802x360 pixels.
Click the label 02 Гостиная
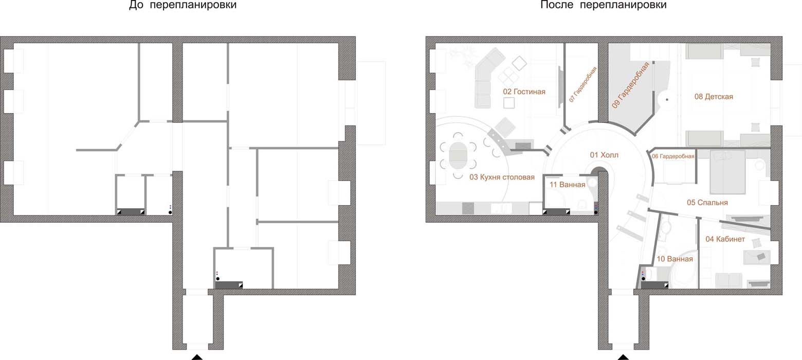point(524,92)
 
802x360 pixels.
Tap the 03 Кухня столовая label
point(502,177)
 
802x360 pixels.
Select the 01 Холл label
point(604,155)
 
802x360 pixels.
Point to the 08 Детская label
point(714,97)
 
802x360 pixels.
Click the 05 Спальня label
point(707,203)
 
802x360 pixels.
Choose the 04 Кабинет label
point(725,239)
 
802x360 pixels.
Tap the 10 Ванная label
point(675,259)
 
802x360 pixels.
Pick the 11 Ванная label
point(567,185)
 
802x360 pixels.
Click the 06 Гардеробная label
point(673,156)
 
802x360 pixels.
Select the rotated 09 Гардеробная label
point(630,85)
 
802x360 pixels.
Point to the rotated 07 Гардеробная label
point(583,84)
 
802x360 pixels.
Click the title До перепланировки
point(183,5)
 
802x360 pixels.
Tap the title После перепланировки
point(603,5)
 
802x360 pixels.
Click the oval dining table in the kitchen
point(458,156)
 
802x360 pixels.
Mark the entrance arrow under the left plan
point(197,357)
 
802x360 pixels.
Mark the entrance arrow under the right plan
point(623,357)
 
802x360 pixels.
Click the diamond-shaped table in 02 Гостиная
point(519,63)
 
